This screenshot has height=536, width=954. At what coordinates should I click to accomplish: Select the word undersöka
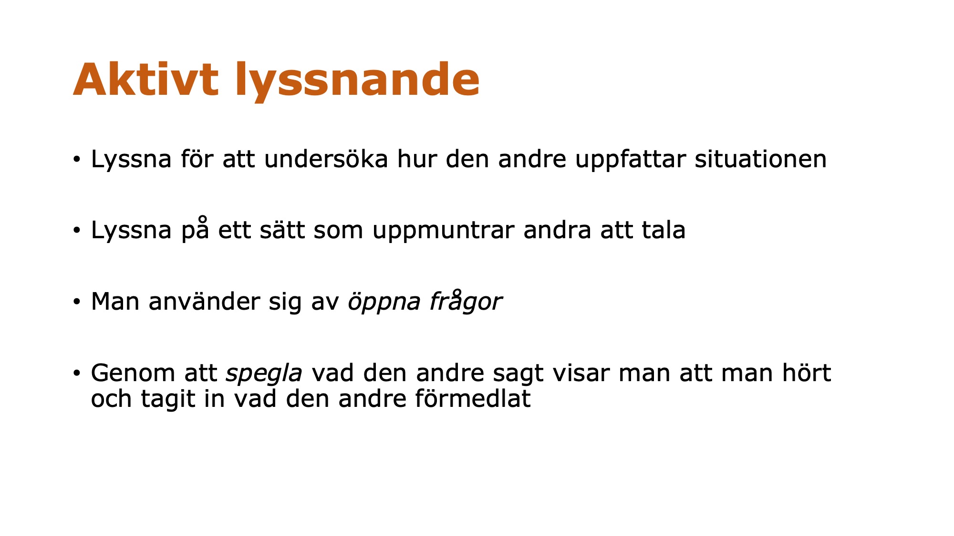(326, 159)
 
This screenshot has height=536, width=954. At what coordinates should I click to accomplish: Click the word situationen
(761, 159)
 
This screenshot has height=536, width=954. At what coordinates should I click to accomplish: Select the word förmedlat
(473, 398)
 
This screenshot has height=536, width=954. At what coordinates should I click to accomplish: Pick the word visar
(581, 373)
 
